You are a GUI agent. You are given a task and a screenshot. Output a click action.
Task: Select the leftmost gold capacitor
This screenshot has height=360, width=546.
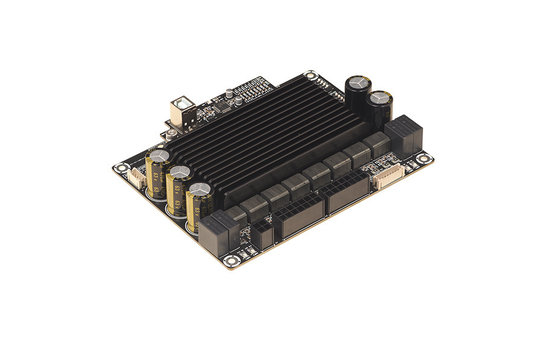[x=157, y=169]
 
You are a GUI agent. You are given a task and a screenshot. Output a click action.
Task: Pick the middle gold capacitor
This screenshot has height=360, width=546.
[x=178, y=184]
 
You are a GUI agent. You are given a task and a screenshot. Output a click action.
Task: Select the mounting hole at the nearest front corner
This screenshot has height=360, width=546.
[x=233, y=264]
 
